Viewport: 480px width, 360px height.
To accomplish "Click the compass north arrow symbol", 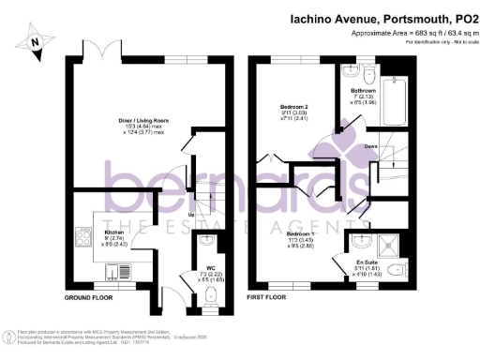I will [35, 40].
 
